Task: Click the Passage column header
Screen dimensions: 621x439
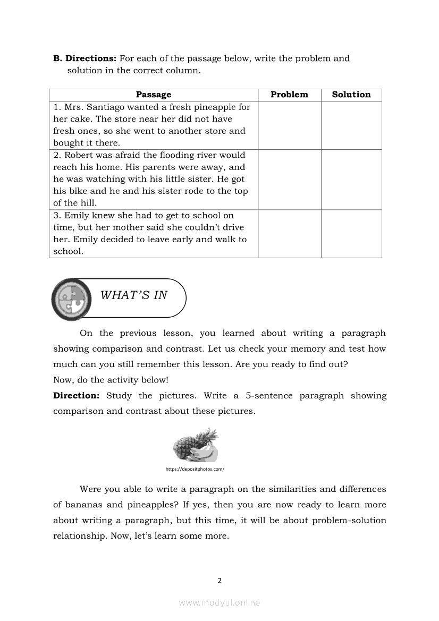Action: click(154, 95)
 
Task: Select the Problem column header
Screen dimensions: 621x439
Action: click(289, 95)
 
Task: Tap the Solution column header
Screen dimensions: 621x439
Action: click(351, 95)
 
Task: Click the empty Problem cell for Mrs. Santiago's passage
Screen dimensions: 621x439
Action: click(289, 125)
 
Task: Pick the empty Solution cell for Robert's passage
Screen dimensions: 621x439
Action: click(351, 180)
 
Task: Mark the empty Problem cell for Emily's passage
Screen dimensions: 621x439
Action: click(289, 234)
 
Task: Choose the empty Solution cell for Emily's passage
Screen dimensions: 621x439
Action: click(351, 234)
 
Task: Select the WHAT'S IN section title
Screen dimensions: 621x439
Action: click(133, 295)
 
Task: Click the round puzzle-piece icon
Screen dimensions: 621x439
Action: click(71, 299)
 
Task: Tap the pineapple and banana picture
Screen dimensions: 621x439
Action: click(196, 446)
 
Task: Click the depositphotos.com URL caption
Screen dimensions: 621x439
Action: click(195, 469)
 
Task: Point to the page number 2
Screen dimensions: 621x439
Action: click(219, 581)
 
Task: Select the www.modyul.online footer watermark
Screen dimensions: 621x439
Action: click(219, 603)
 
